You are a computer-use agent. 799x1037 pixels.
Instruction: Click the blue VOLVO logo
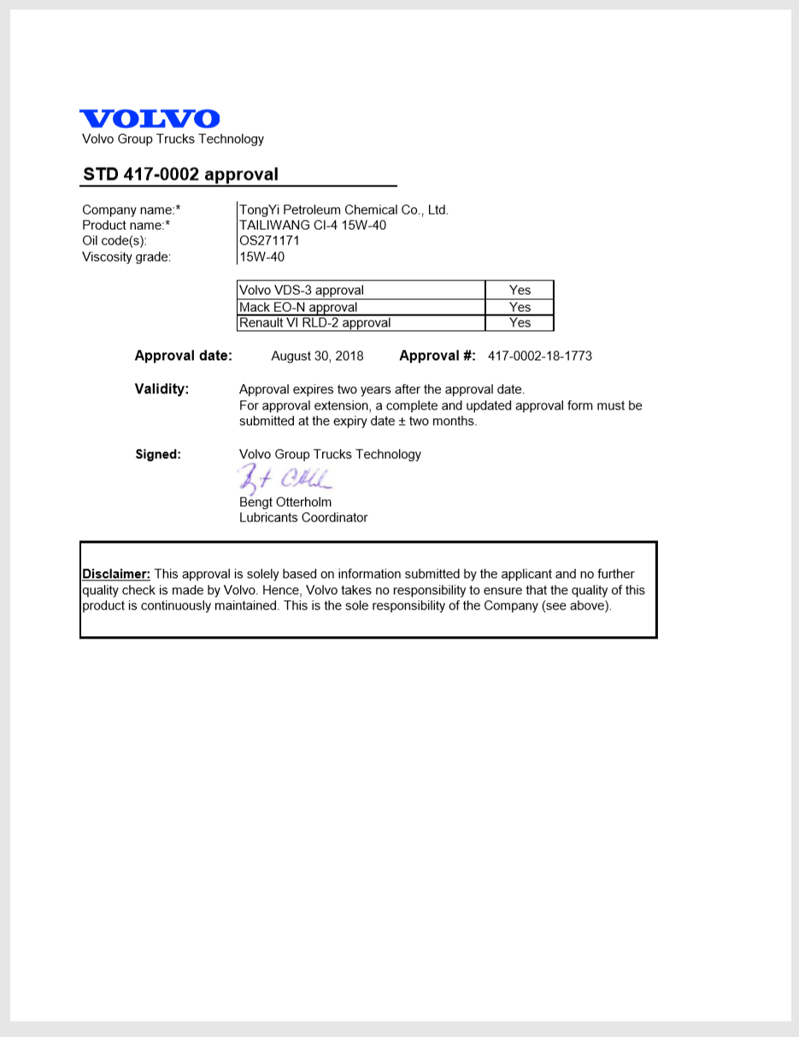click(x=150, y=119)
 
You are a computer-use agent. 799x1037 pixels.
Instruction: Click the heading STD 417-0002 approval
click(x=180, y=174)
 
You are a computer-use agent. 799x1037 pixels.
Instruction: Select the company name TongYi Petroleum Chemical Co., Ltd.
click(x=344, y=209)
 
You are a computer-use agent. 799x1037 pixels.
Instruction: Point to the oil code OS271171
click(x=269, y=240)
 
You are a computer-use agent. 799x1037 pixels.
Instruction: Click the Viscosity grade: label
click(x=126, y=256)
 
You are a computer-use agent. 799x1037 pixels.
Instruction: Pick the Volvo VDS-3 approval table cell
click(x=361, y=290)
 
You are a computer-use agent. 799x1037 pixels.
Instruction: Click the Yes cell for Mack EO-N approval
click(x=520, y=307)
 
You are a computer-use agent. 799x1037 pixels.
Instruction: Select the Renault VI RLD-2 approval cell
click(x=361, y=322)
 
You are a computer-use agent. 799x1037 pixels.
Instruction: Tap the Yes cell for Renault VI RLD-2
click(x=520, y=322)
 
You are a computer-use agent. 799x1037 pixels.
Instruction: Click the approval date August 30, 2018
click(x=317, y=356)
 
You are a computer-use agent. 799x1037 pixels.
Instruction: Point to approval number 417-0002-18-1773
click(x=539, y=356)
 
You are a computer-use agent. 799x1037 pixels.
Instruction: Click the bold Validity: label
click(x=162, y=389)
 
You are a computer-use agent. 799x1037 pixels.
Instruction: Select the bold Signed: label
click(x=158, y=455)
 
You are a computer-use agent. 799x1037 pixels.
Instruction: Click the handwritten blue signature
click(x=282, y=479)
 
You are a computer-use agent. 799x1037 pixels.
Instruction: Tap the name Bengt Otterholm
click(x=285, y=502)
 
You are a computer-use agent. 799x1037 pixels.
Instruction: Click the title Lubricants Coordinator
click(x=303, y=517)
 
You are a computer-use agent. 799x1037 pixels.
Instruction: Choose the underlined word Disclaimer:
click(x=116, y=574)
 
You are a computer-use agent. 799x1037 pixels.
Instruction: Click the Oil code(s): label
click(x=115, y=241)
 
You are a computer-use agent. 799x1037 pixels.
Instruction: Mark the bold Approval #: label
click(x=438, y=356)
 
